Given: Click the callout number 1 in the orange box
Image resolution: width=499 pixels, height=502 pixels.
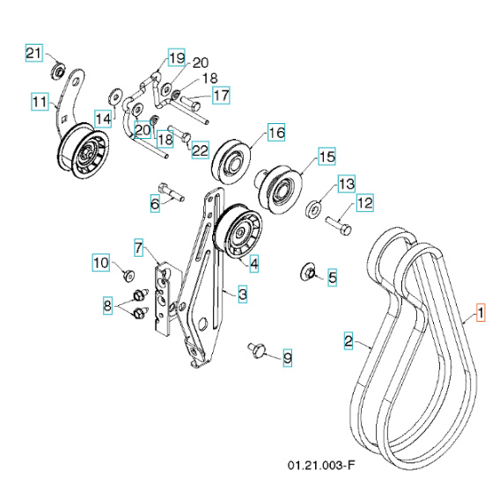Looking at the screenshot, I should (x=480, y=312).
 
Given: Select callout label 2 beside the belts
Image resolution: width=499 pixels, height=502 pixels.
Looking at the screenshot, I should (x=349, y=339).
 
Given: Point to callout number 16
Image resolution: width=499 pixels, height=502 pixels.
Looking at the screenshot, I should (x=275, y=134).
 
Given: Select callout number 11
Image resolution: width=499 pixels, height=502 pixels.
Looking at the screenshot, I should (x=40, y=102).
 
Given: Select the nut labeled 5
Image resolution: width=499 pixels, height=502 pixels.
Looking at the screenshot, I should (x=309, y=270).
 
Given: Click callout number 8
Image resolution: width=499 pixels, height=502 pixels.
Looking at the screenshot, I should (x=108, y=307).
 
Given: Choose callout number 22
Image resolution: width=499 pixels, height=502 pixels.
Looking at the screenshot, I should (x=200, y=150).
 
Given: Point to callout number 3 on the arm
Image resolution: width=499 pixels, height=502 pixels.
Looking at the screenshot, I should (x=240, y=295).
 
